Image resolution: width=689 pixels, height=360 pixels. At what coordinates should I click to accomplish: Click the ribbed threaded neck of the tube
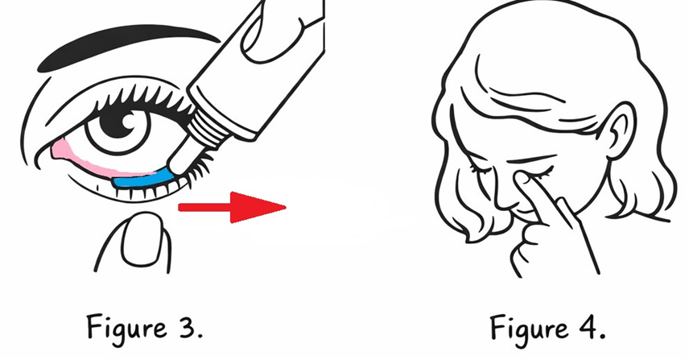pos(208,127)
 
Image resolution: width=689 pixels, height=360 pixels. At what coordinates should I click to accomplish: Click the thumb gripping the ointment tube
pos(272,33)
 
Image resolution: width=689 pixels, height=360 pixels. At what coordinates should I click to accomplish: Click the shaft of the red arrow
pos(204,207)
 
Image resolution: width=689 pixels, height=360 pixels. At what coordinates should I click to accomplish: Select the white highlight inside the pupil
pos(128,119)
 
